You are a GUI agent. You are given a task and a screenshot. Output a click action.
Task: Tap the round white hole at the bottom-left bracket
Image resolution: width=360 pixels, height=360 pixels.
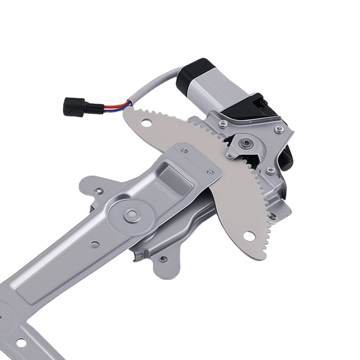coord(21,342)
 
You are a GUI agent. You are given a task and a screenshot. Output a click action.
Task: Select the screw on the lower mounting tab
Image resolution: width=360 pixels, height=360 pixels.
coord(163,258)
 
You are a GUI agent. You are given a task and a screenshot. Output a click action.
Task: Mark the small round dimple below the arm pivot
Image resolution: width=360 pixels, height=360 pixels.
coord(94,245)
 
